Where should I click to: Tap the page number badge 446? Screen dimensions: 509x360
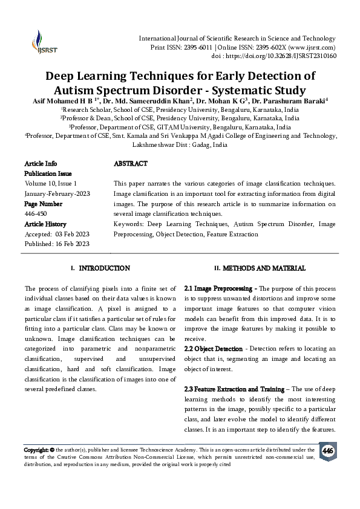[x=327, y=452]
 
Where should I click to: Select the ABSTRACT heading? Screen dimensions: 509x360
[x=130, y=164]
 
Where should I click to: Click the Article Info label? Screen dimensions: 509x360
[x=41, y=164]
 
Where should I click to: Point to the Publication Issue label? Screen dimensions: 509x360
[x=48, y=173]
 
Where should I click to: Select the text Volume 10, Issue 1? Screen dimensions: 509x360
[x=50, y=183]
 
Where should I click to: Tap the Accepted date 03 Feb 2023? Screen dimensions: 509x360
[x=72, y=233]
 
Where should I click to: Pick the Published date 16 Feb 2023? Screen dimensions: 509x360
[x=72, y=243]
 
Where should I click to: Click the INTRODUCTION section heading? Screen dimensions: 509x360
[x=104, y=268]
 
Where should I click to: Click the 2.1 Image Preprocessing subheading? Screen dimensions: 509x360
[x=220, y=289]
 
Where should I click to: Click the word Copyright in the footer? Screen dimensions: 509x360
[x=35, y=450]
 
